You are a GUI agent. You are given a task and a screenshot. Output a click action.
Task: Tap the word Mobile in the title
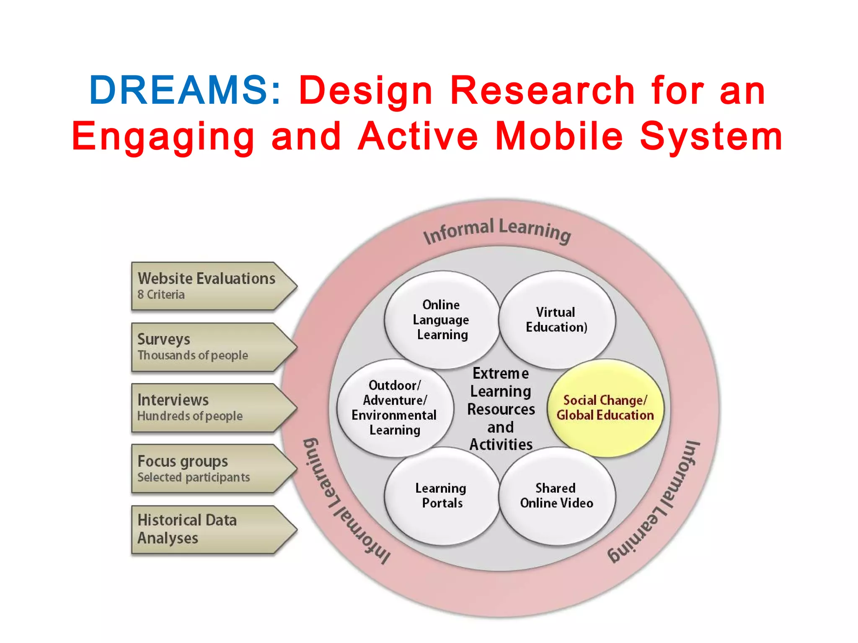[559, 136]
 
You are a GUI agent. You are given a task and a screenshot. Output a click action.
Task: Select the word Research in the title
[543, 90]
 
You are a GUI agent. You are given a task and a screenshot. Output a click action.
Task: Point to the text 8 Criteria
[161, 295]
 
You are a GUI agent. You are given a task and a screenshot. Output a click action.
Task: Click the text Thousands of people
[193, 355]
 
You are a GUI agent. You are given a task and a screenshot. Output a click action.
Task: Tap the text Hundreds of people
[190, 416]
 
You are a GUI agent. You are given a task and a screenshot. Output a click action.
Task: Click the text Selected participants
[194, 477]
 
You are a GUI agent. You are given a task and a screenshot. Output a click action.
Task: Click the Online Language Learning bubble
[441, 319]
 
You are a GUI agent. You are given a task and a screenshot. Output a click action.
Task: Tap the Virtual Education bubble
[556, 319]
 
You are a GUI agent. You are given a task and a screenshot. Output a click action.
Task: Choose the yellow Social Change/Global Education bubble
[605, 407]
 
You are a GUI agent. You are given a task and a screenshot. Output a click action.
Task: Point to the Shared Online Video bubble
[556, 496]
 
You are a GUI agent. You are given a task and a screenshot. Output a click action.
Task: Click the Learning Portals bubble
[441, 496]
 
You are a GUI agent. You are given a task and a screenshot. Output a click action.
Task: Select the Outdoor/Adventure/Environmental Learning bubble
[394, 407]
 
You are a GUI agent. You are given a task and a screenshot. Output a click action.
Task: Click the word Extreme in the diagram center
[501, 373]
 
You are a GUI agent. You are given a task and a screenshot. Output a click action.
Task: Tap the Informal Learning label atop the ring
[497, 230]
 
